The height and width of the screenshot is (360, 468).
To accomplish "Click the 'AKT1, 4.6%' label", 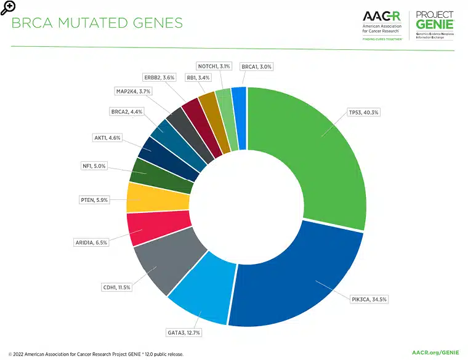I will pos(108,138).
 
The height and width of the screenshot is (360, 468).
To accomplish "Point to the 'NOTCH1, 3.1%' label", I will pos(214,66).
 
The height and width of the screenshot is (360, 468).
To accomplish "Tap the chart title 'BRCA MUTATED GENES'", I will pos(97,23).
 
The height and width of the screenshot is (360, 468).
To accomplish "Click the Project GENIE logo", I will pos(434,25).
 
